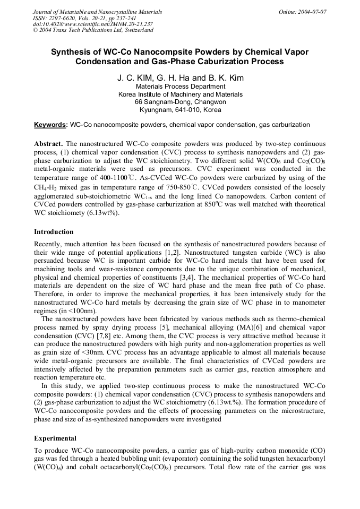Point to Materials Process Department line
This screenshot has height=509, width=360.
(181, 87)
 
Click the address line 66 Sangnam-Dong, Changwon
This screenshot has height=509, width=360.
(181, 102)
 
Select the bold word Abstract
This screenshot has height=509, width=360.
(48, 144)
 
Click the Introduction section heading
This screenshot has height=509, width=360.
(54, 232)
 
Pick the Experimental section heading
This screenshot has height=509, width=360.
(55, 438)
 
